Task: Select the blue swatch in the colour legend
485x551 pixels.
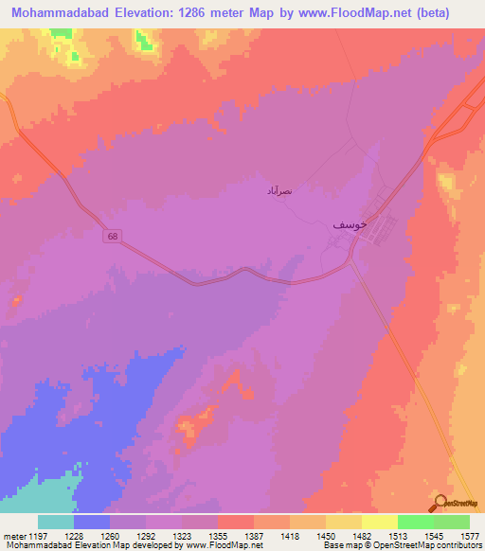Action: pos(92,522)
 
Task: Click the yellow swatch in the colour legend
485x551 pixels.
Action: pos(380,522)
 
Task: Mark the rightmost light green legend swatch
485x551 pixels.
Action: pos(452,522)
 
